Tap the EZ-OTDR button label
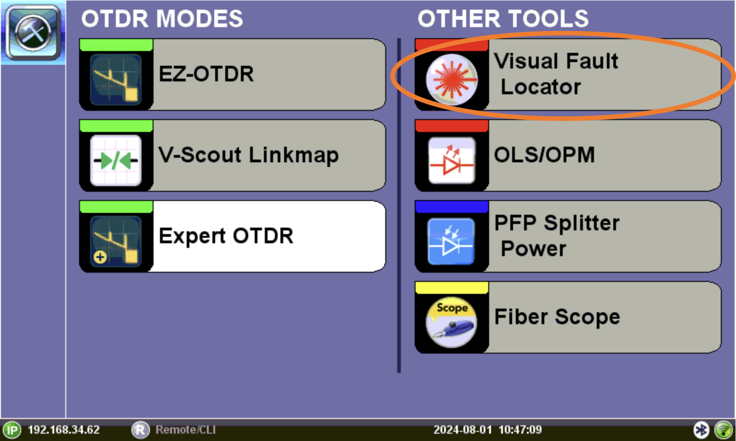coord(206,74)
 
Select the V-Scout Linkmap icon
coord(116,160)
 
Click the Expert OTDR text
coord(226,235)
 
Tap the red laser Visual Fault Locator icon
coord(452,79)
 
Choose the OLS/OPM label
coord(544,155)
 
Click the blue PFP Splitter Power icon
coord(451,241)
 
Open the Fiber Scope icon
coord(451,322)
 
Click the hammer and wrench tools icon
coord(33,33)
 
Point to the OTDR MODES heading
coord(162,18)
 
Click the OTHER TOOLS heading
coord(503,18)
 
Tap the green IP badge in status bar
coord(12,430)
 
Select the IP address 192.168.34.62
coord(64,430)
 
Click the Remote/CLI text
coord(185,430)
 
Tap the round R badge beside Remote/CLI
coord(140,430)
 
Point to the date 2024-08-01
coord(462,430)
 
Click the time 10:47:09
coord(520,430)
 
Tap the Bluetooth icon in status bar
coord(701,430)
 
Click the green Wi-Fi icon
coord(724,430)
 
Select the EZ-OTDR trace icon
coord(116,79)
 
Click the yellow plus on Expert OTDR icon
coord(100,257)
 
